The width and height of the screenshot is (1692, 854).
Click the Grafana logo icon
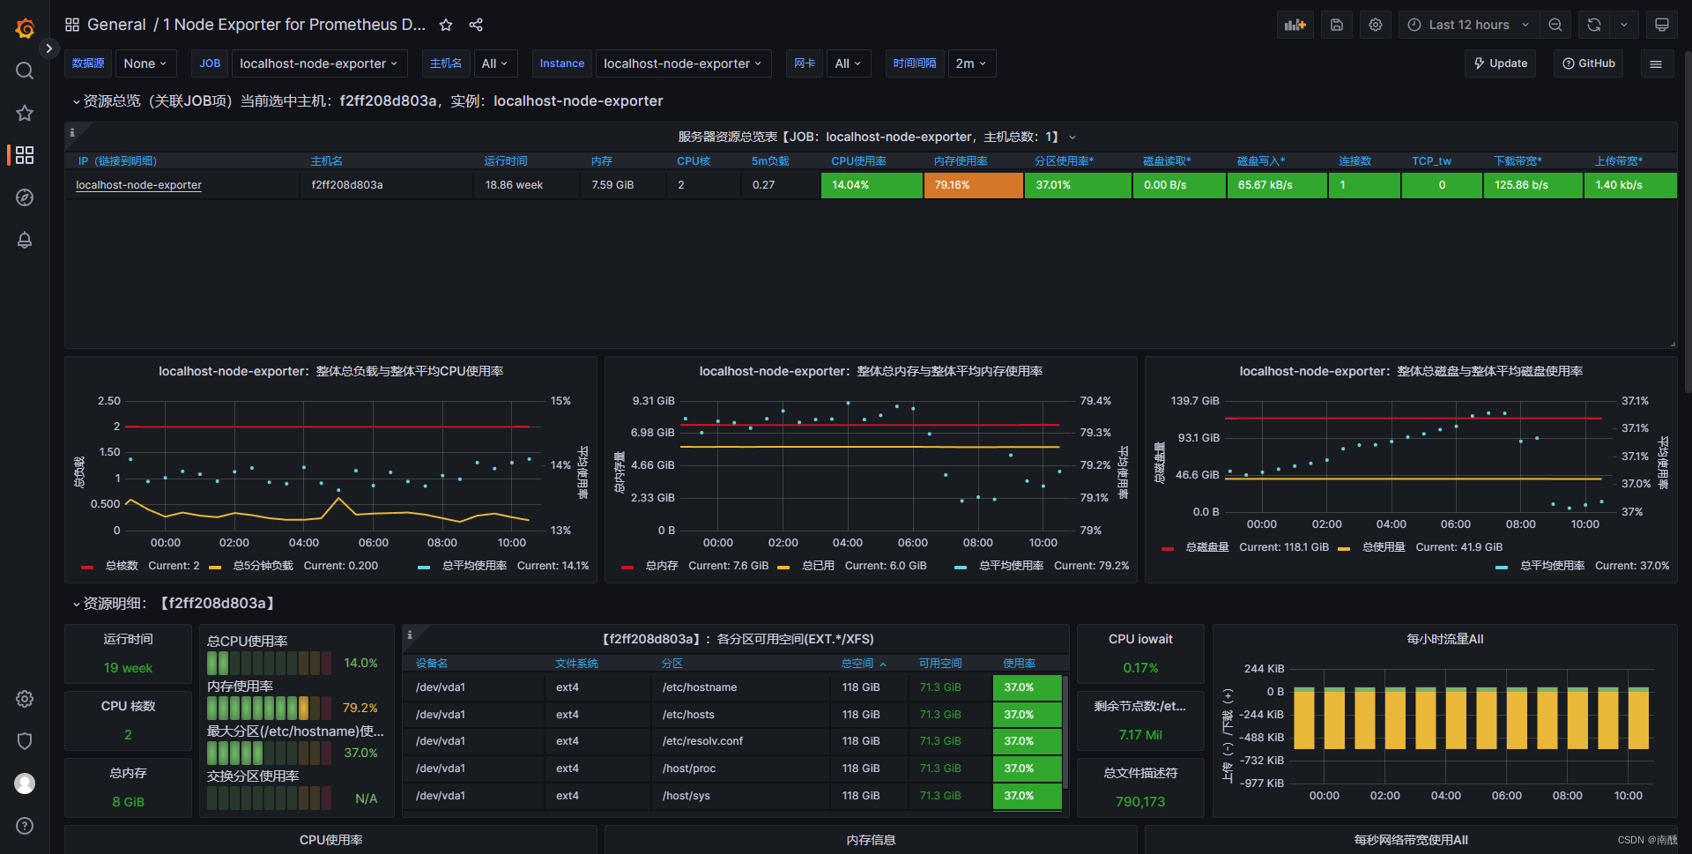25,28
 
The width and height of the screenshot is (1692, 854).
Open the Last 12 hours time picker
1468,25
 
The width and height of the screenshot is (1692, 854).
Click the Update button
1501,63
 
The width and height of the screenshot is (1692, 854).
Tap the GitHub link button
1588,63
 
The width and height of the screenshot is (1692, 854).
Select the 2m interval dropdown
971,63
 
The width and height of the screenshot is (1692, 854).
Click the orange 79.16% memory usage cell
973,185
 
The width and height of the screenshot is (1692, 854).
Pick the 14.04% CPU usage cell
871,185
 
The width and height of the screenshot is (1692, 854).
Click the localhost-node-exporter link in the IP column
138,185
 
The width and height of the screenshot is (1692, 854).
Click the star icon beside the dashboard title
446,25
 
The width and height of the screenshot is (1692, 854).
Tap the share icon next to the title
476,25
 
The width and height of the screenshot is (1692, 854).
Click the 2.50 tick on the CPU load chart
109,401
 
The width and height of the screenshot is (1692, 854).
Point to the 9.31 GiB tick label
653,401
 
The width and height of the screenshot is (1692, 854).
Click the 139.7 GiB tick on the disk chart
1195,401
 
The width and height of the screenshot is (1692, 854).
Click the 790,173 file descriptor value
1139,802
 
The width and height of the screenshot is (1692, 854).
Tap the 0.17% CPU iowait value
1140,668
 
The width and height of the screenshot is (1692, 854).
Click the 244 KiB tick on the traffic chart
1264,669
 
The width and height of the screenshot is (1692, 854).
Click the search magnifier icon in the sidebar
25,71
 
